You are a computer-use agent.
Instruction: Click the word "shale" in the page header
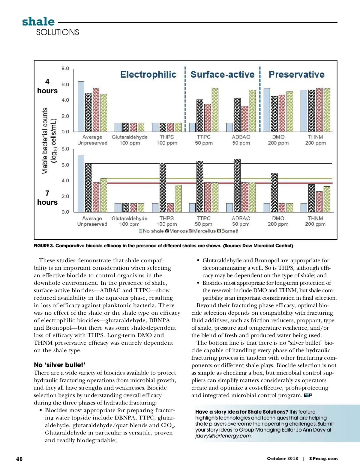pyautogui.click(x=38, y=22)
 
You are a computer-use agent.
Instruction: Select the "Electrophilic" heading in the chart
pyautogui.click(x=148, y=74)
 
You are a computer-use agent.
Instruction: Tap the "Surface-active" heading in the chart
pyautogui.click(x=222, y=74)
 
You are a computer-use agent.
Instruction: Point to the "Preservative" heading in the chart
pyautogui.click(x=296, y=74)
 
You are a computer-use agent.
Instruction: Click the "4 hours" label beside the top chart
pyautogui.click(x=47, y=86)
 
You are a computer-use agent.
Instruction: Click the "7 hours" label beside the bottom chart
pyautogui.click(x=47, y=198)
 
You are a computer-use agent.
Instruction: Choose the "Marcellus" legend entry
pyautogui.click(x=204, y=231)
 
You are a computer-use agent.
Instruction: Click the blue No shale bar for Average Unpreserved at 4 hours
pyautogui.click(x=81, y=106)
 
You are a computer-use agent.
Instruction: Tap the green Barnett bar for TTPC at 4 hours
pyautogui.click(x=215, y=110)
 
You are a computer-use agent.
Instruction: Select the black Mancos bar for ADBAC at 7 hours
pyautogui.click(x=237, y=186)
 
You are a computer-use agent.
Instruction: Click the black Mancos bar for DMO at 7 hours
pyautogui.click(x=274, y=193)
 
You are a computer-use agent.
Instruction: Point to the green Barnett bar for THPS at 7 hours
pyautogui.click(x=178, y=198)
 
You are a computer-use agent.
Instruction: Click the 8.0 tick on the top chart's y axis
pyautogui.click(x=65, y=68)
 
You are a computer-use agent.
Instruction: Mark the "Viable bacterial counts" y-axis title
pyautogui.click(x=45, y=141)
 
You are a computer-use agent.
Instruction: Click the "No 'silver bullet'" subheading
pyautogui.click(x=59, y=365)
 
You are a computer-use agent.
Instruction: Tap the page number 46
pyautogui.click(x=19, y=459)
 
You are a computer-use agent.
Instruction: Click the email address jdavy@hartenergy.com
pyautogui.click(x=223, y=436)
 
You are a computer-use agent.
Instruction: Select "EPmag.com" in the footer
pyautogui.click(x=323, y=459)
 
